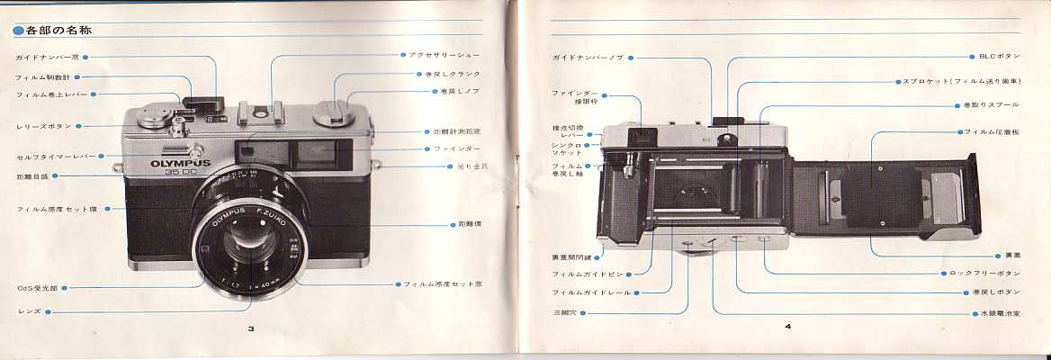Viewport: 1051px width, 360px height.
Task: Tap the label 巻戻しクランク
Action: (450, 74)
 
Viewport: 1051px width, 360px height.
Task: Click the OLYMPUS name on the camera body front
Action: (180, 164)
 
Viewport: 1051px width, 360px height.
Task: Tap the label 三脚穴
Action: (569, 311)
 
